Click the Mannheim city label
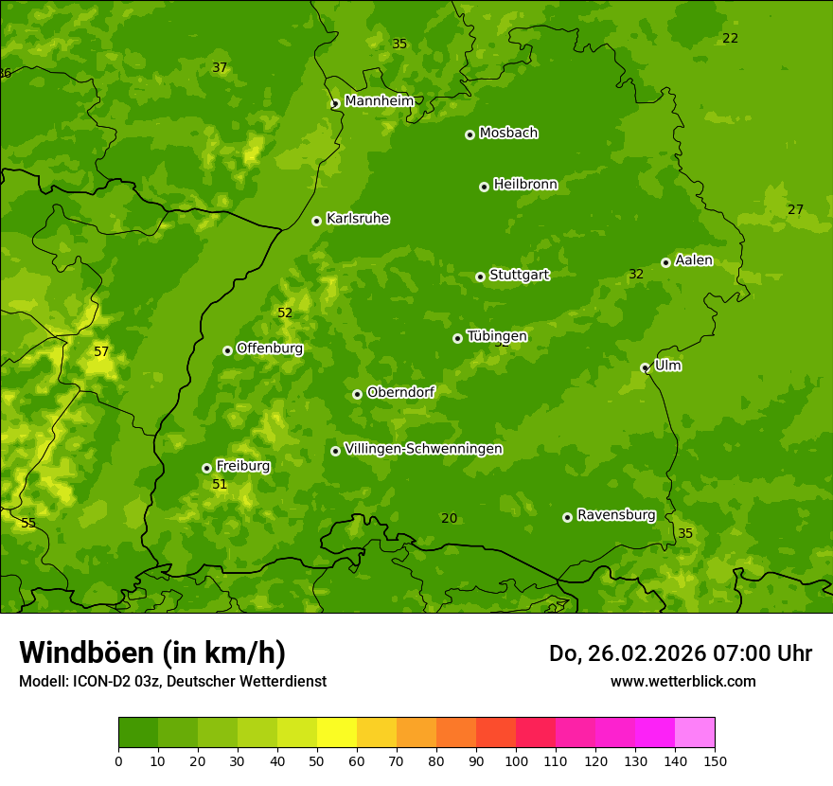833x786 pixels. pos(380,101)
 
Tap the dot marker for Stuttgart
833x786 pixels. pos(480,277)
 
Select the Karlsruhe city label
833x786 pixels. pos(358,219)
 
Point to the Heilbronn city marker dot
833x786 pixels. pos(484,187)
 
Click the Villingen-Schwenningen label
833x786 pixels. pos(423,449)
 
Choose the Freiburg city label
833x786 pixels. pos(242,466)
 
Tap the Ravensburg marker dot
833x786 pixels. pos(567,517)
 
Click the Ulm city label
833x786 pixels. pos(667,366)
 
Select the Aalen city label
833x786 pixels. pos(694,260)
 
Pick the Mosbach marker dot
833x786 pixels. pos(470,134)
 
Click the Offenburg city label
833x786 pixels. pos(270,348)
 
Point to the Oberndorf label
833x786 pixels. pos(400,392)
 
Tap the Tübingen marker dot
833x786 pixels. pos(457,338)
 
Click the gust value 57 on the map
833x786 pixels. pos(101,352)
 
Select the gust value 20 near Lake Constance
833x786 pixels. pos(449,518)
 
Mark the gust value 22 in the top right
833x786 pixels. pos(730,39)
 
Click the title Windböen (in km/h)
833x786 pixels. pos(152,652)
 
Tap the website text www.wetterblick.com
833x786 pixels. pos(682,681)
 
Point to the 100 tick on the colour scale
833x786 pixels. pos(516,760)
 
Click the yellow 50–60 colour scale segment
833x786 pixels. pos(337,733)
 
